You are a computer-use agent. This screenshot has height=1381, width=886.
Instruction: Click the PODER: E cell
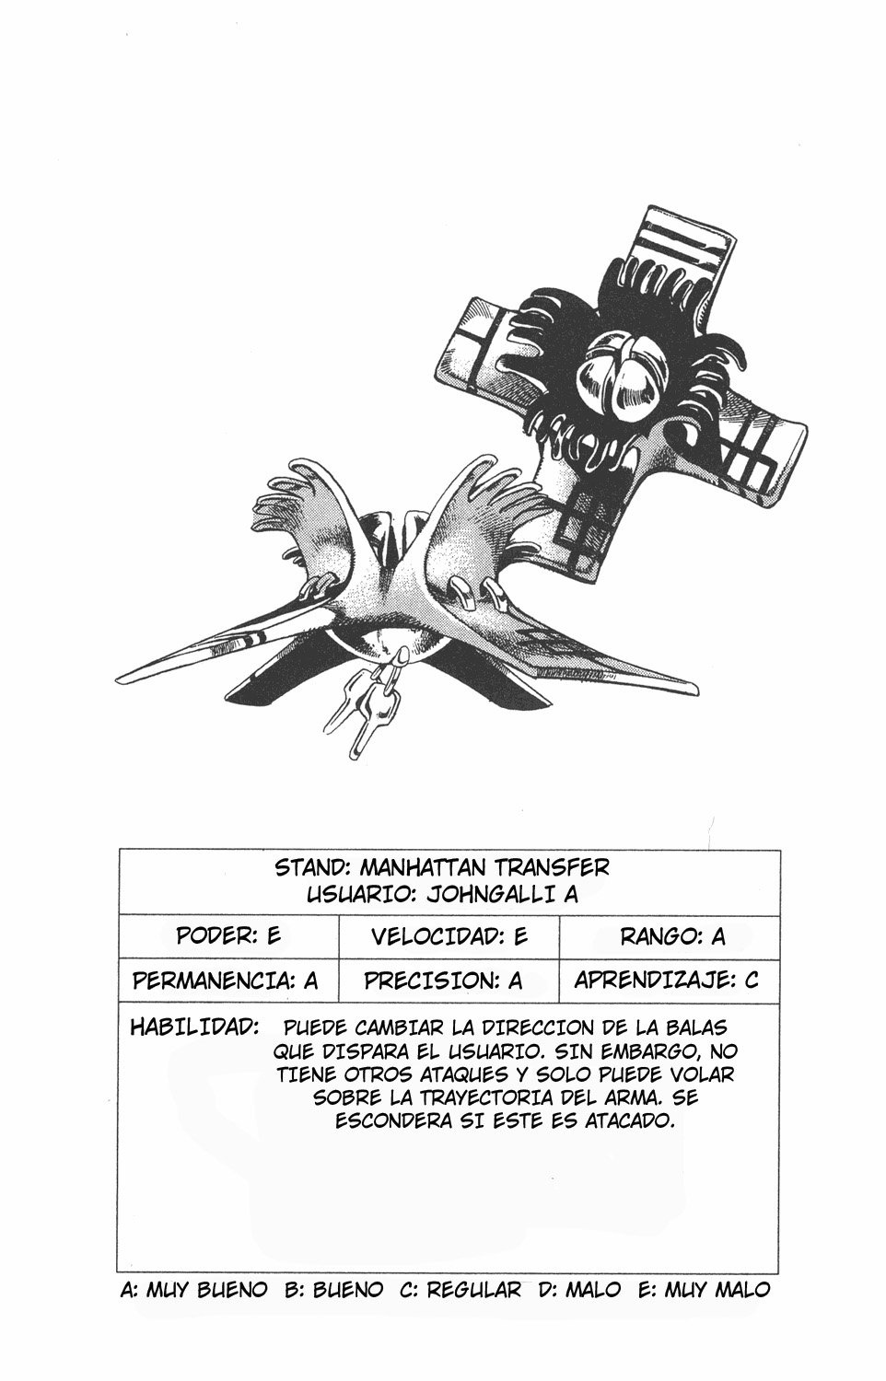tap(228, 936)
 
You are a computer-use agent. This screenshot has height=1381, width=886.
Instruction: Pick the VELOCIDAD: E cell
tap(449, 936)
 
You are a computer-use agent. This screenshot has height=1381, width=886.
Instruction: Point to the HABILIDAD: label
tap(194, 1027)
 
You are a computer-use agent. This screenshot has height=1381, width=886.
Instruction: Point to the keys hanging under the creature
tap(367, 708)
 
